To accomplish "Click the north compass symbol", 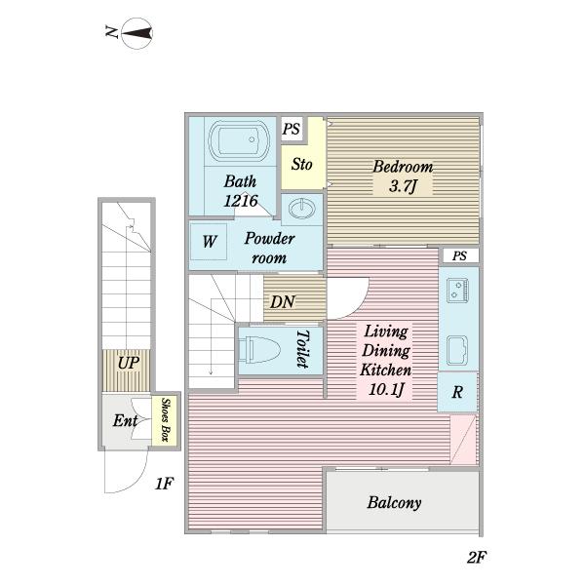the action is (x=137, y=33).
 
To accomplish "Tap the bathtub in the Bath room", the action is (x=239, y=140).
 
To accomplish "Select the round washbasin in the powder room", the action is (x=302, y=209).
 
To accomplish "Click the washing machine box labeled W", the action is (x=209, y=242).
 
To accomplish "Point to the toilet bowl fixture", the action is (x=259, y=350).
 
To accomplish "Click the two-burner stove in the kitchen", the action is (x=457, y=290).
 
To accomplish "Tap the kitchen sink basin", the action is (x=457, y=350).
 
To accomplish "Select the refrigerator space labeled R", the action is (x=457, y=392).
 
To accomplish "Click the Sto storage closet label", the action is (x=302, y=164).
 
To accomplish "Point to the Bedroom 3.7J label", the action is (x=403, y=176).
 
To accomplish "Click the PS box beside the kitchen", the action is (x=459, y=255).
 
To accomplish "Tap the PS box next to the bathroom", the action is (x=292, y=129).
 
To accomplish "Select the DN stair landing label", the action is (x=283, y=302).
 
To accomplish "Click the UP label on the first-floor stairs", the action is (x=129, y=363).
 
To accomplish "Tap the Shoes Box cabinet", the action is (x=166, y=420).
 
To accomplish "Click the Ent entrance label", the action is (x=125, y=421).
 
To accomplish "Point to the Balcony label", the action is (x=394, y=502).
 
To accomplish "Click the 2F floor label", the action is (x=477, y=558).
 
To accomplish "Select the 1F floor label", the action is (x=164, y=484).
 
